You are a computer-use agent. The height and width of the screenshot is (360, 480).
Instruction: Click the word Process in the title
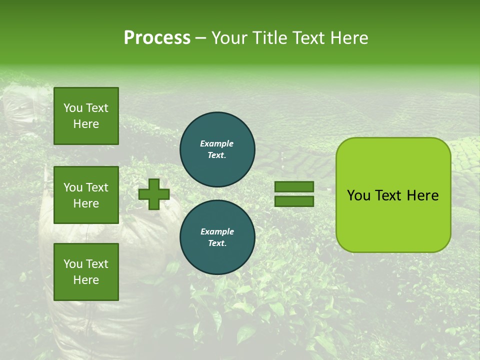(157, 38)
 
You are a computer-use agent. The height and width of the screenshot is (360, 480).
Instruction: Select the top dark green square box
(86, 116)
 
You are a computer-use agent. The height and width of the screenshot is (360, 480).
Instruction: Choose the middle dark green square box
(86, 195)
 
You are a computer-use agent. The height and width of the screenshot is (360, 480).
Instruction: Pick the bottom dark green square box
(86, 271)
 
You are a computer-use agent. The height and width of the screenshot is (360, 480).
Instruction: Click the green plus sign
(154, 194)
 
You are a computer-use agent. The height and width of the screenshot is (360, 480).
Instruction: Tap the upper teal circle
(217, 149)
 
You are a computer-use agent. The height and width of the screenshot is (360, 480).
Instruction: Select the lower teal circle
(217, 237)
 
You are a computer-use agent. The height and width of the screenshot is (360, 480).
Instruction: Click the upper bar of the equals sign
(294, 186)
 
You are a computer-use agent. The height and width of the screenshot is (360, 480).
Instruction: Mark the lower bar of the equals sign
(294, 201)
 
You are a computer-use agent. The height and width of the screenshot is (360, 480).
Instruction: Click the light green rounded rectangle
(393, 195)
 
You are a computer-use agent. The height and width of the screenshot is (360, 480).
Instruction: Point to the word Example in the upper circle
(217, 143)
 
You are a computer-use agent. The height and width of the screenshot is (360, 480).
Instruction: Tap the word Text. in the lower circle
(217, 243)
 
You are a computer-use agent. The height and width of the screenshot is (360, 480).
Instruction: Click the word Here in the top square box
(86, 124)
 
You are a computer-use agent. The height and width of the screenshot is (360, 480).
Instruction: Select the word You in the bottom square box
(73, 264)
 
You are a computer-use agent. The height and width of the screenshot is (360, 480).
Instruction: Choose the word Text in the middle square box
(97, 187)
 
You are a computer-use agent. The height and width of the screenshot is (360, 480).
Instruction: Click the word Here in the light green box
(422, 195)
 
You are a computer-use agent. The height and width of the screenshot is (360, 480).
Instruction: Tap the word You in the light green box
(358, 195)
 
